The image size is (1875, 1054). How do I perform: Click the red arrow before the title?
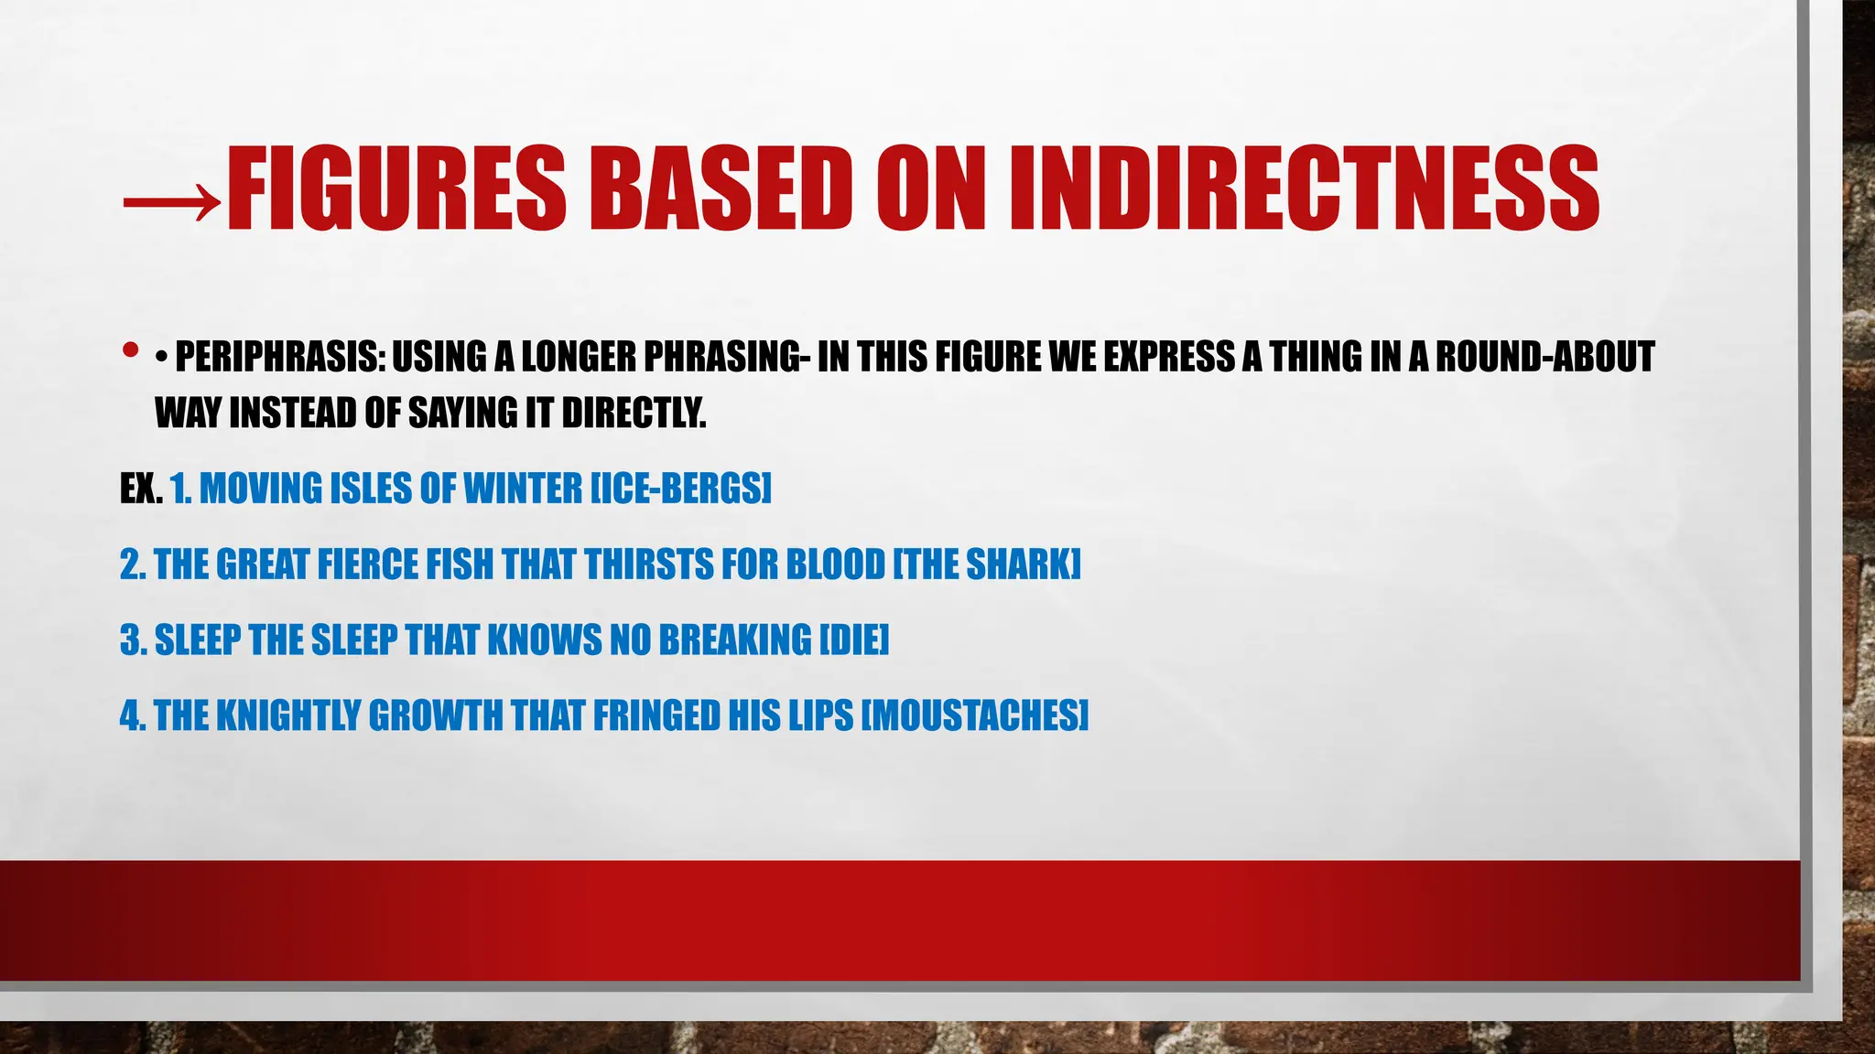[x=171, y=194]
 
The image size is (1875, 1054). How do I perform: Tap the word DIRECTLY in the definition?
[x=634, y=414]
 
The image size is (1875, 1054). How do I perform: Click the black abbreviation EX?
[x=141, y=489]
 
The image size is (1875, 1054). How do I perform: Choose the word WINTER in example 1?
[x=522, y=489]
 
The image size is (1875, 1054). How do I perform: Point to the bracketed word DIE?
[x=853, y=640]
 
